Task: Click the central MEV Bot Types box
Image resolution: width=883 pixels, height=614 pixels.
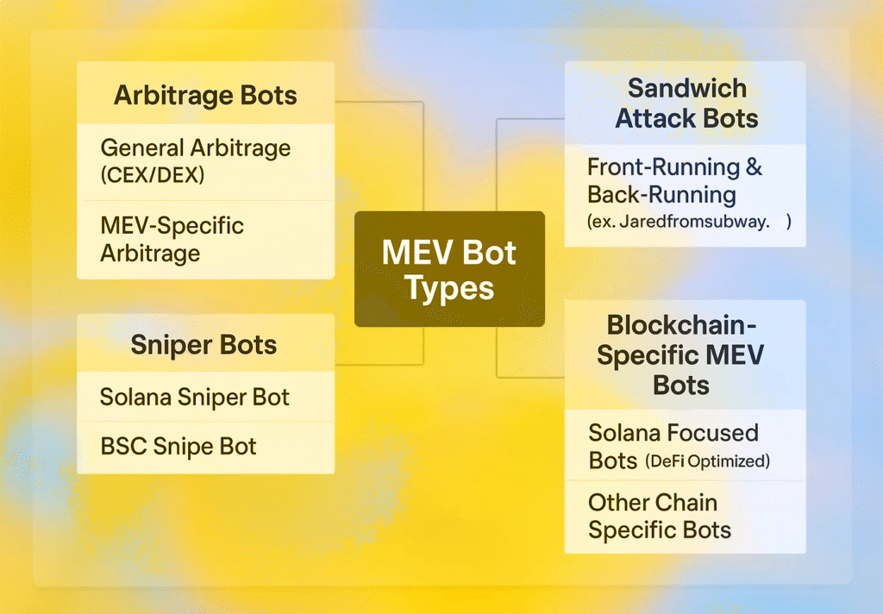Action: coord(449,269)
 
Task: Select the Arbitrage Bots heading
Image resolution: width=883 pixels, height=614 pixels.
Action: coord(205,95)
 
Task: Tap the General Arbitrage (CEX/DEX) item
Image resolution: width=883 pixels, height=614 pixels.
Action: coord(196,161)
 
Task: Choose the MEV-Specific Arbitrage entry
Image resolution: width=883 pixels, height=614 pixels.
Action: coord(172,239)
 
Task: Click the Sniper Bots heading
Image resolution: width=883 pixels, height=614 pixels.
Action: coord(204,345)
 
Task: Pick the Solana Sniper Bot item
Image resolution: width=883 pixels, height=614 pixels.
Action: coord(194,398)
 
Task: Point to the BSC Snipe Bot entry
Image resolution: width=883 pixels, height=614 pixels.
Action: coord(178,446)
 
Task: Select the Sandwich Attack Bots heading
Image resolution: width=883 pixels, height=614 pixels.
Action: coord(686,103)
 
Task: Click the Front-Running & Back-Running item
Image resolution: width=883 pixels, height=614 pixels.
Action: coord(674,181)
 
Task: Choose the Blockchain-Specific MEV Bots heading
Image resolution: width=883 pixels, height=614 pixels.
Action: coord(681,355)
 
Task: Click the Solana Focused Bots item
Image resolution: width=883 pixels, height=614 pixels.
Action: coord(673,447)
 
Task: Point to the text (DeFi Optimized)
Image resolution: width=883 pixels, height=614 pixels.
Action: coord(707,461)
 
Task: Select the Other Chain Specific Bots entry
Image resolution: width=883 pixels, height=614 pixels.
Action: coord(660,516)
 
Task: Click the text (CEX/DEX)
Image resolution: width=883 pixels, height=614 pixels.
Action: coord(152,175)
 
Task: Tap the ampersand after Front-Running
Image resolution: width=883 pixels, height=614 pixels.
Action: coord(754,167)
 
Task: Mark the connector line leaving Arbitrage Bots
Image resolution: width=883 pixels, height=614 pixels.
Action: coord(423,157)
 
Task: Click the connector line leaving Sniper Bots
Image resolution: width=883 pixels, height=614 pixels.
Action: coord(423,345)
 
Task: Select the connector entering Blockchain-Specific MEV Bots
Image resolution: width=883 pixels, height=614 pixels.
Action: coord(497,352)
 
